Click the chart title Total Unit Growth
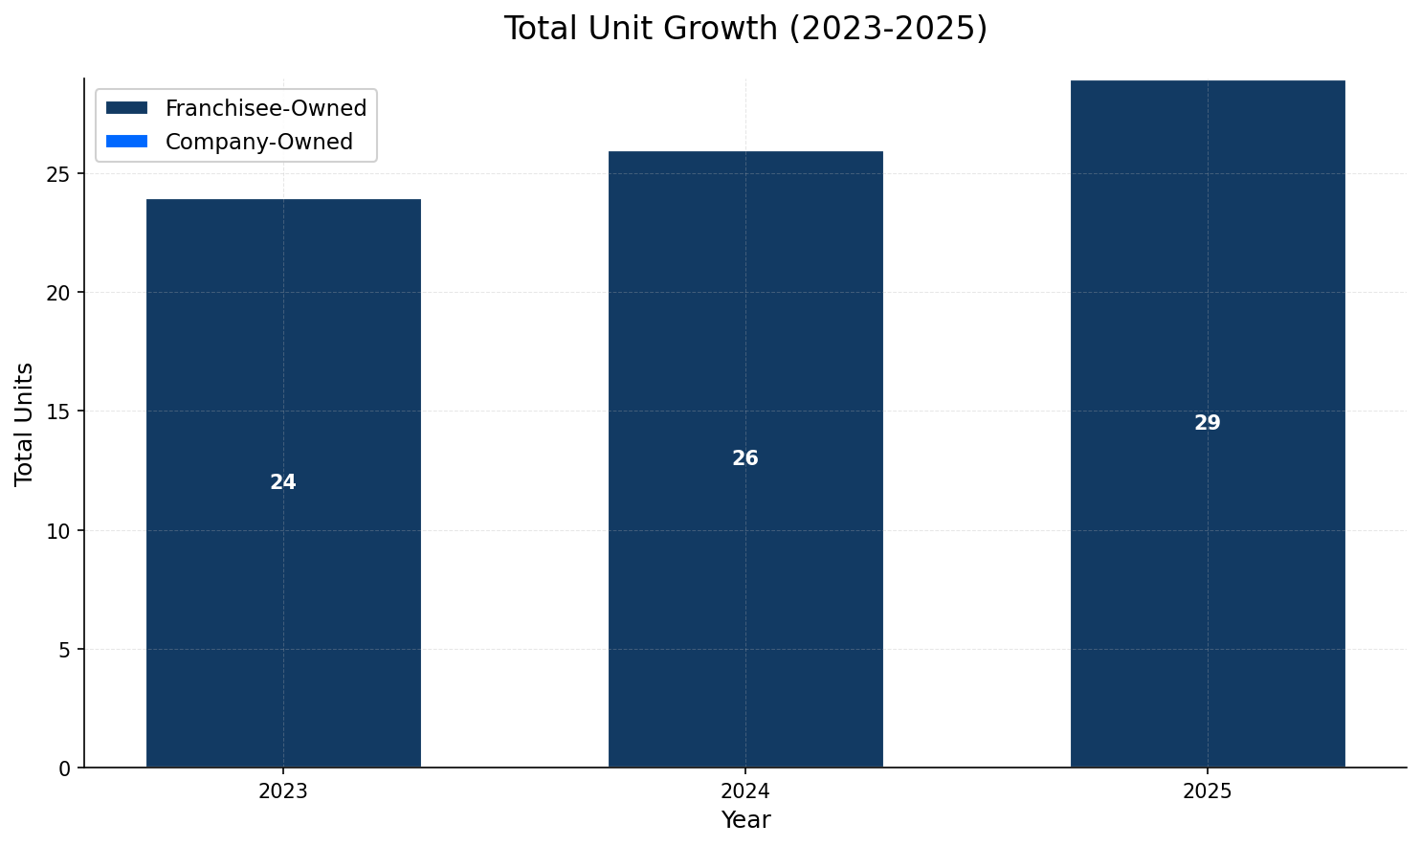tap(744, 29)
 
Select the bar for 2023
tap(283, 593)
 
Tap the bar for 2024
tap(745, 593)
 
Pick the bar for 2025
tap(1208, 593)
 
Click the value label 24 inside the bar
tap(283, 482)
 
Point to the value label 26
tap(745, 458)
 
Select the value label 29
tap(1208, 423)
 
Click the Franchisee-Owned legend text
tap(265, 108)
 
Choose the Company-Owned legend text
tap(258, 142)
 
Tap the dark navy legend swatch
tap(126, 108)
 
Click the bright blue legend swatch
tap(126, 142)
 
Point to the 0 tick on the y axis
tap(64, 768)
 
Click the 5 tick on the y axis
tap(64, 649)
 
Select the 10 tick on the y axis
tap(59, 530)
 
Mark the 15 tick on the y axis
tap(59, 412)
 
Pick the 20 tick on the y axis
tap(59, 293)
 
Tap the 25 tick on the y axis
tap(59, 174)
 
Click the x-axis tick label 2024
tap(745, 791)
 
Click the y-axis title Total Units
tap(25, 423)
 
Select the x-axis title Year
tap(745, 820)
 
